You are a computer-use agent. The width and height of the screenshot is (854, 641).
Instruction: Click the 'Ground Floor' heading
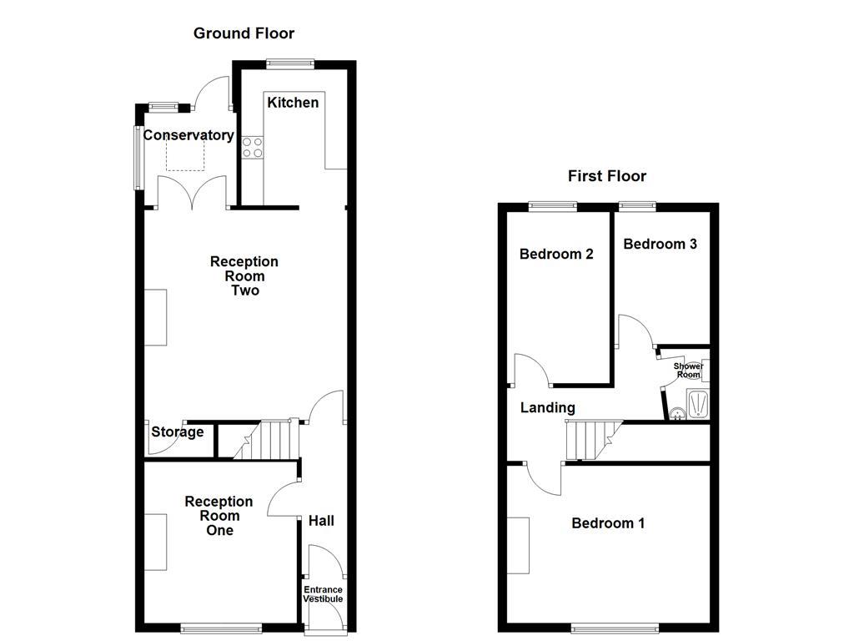point(244,33)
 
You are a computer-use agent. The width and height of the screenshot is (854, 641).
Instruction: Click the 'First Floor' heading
point(606,176)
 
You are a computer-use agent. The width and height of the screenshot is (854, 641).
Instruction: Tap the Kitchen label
point(293,103)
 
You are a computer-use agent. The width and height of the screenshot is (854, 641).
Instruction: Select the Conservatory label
point(188,135)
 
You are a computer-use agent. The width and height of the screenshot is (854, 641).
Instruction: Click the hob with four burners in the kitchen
point(252,148)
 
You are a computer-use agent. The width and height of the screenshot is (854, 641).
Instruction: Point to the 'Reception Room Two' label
point(244,276)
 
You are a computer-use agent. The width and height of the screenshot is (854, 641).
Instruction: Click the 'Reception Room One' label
point(219,516)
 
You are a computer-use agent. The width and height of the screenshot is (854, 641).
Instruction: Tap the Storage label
point(178,432)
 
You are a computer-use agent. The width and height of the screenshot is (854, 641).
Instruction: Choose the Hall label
point(321,521)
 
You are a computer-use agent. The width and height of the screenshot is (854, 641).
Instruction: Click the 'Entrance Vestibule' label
point(323,594)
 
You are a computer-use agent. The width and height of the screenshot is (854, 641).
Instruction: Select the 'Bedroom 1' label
point(608,523)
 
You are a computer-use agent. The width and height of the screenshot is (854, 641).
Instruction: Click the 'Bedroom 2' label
point(556,254)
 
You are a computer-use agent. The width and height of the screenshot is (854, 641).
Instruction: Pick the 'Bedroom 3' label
point(660,244)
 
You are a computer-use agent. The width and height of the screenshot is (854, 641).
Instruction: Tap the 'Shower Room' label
point(688,371)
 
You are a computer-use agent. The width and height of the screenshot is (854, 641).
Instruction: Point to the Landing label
point(548,408)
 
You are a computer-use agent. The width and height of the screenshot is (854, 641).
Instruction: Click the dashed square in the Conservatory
point(185,155)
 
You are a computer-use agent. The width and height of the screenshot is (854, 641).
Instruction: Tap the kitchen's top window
point(290,63)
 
